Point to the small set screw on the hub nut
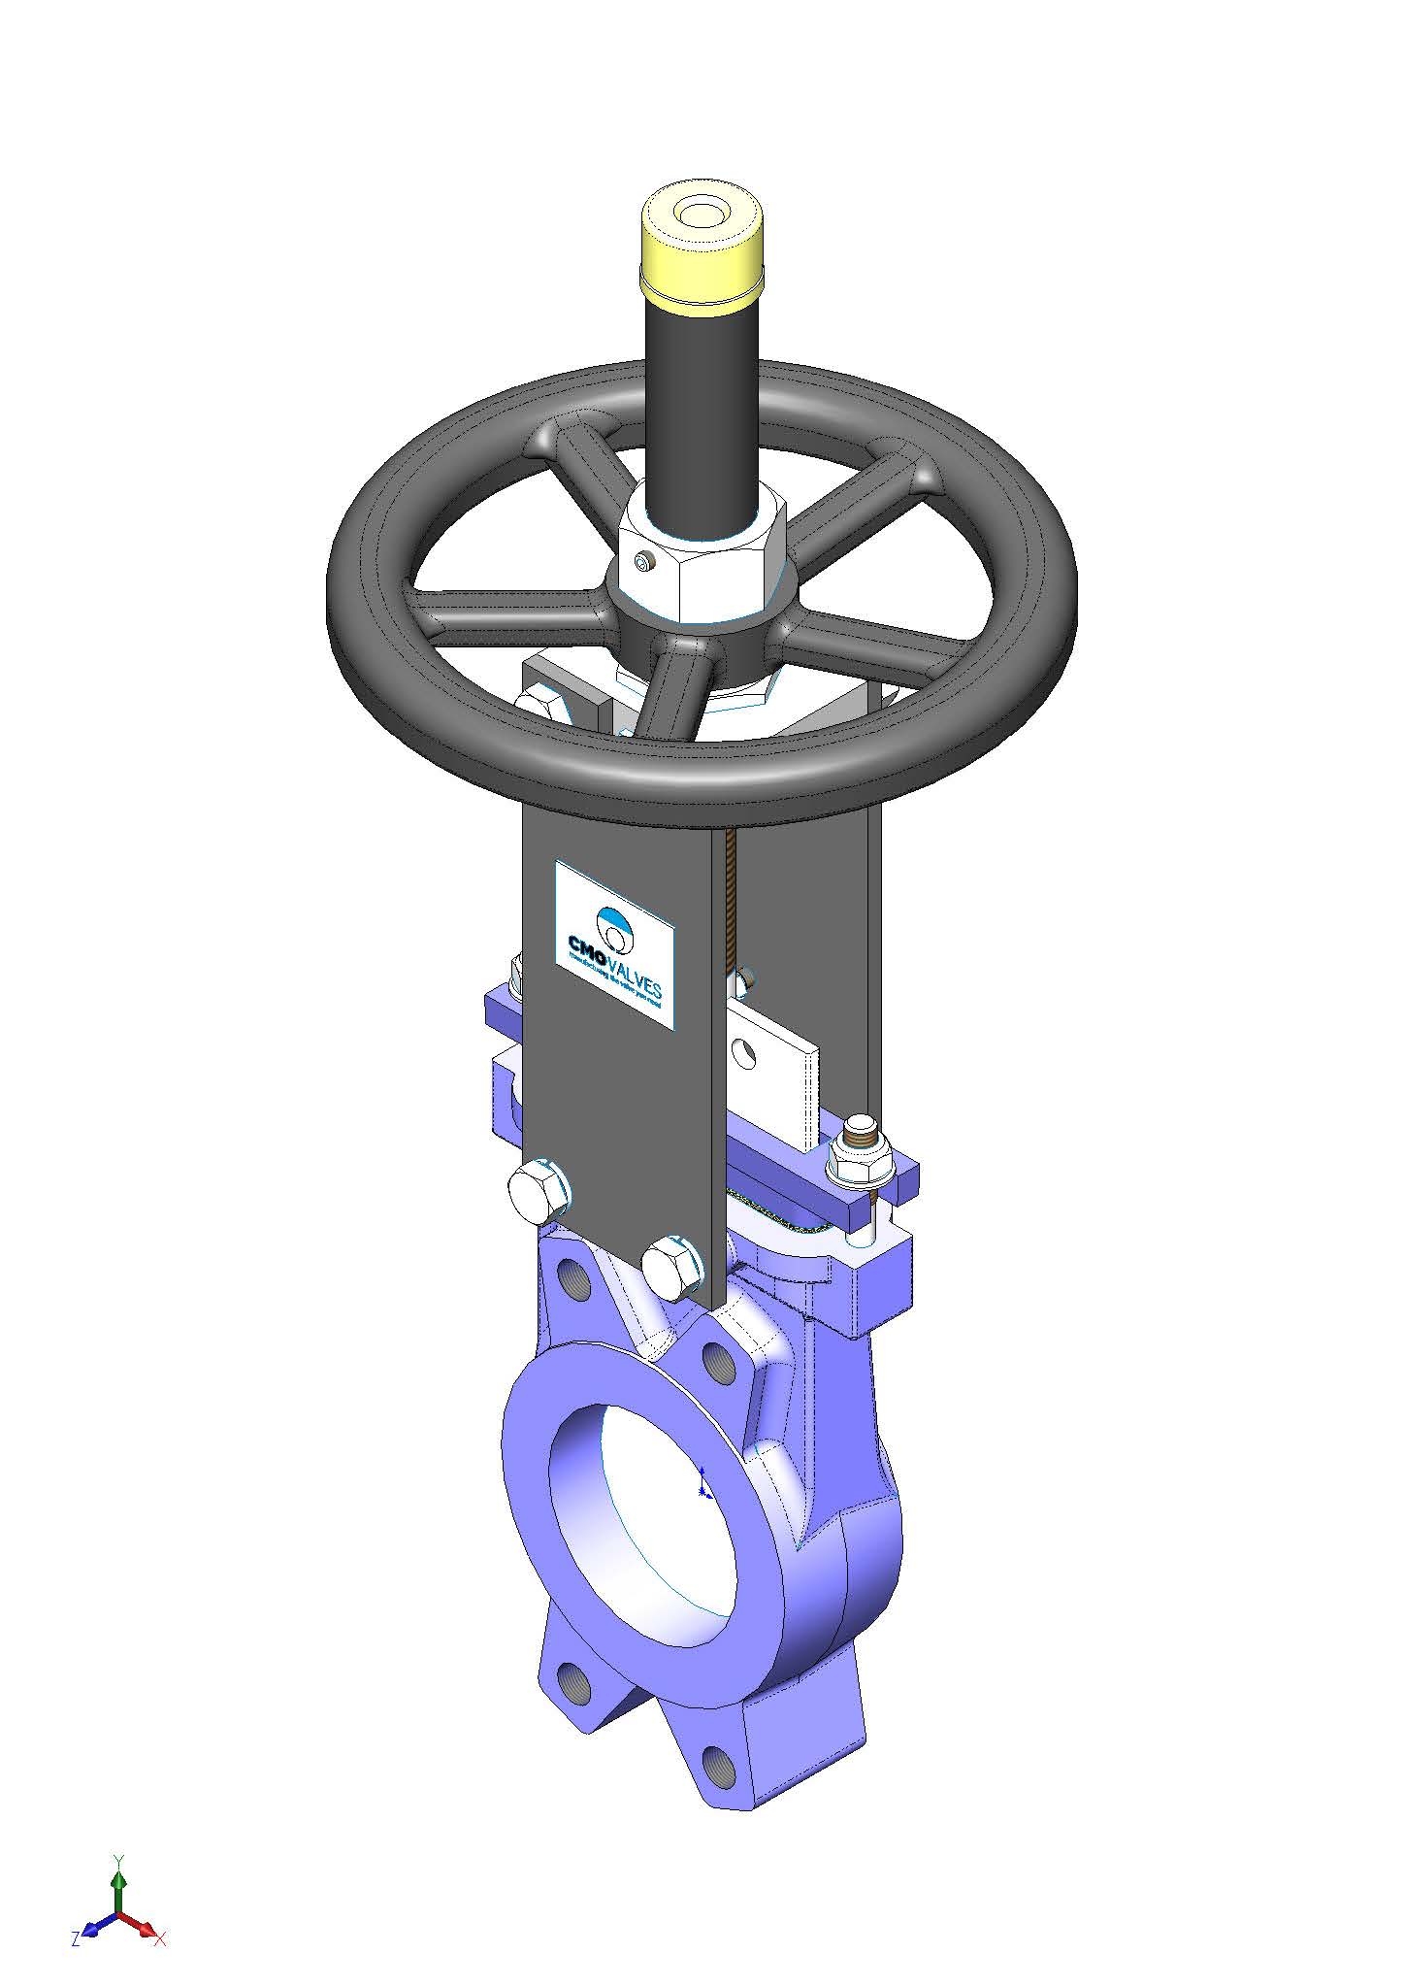(643, 560)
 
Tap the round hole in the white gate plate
(745, 1050)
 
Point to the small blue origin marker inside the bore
(702, 1490)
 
